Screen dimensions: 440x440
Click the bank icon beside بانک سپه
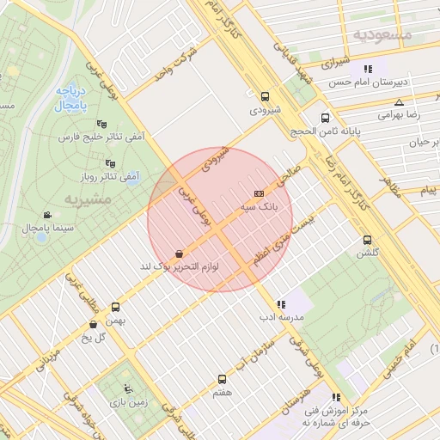coord(260,194)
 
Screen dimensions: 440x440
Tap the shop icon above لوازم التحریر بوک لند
coord(178,254)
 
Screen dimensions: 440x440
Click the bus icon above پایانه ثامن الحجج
coord(325,118)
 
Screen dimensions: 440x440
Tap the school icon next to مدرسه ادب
coord(280,303)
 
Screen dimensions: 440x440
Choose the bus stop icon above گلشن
coord(368,240)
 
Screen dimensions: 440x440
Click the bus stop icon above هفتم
coord(223,378)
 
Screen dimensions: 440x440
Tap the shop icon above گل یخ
coord(93,324)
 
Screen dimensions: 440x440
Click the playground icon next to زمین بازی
coord(129,388)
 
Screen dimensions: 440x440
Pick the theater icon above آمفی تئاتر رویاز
coord(109,162)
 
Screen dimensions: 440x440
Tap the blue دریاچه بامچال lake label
coord(68,97)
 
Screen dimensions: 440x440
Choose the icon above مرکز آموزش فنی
coord(335,397)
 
